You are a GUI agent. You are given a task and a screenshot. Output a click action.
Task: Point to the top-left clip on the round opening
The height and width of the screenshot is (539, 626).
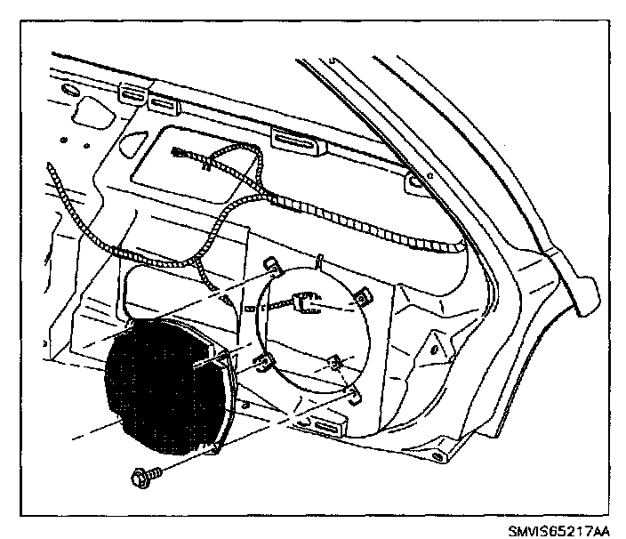[x=270, y=264]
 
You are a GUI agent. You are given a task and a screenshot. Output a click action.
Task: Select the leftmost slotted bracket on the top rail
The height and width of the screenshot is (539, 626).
[x=131, y=92]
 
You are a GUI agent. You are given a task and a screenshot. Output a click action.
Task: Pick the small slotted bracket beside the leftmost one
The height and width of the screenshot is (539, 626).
[x=163, y=104]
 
